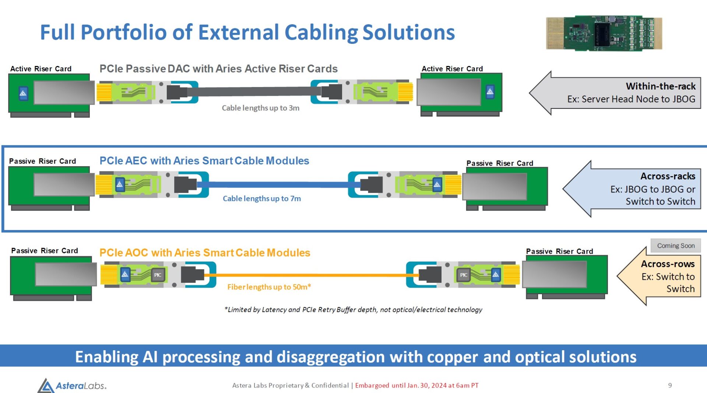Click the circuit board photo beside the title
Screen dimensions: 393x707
[x=604, y=33]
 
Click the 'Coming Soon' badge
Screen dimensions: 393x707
[x=676, y=246]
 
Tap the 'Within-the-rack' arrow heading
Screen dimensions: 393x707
[x=661, y=86]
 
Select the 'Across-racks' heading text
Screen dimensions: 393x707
[x=668, y=176]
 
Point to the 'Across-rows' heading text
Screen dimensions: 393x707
[x=668, y=264]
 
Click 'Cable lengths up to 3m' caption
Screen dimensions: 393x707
[x=260, y=108]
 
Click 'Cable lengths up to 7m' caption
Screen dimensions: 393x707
[x=262, y=199]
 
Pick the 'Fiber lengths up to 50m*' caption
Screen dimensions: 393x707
[x=269, y=287]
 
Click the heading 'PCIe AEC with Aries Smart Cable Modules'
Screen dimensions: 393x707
[x=204, y=161]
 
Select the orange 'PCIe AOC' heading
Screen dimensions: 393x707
[x=205, y=253]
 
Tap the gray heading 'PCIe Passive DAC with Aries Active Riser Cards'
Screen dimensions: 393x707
[x=218, y=69]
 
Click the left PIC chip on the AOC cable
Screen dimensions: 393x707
[x=158, y=275]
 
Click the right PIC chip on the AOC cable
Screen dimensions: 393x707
[x=464, y=275]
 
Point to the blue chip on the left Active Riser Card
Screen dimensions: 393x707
[x=23, y=93]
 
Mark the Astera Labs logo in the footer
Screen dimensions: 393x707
[x=72, y=386]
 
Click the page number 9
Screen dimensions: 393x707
[x=670, y=385]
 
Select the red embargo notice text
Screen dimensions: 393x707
[x=416, y=386]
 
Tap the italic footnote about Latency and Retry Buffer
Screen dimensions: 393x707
[x=353, y=310]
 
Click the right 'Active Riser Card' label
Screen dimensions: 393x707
[x=452, y=69]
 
